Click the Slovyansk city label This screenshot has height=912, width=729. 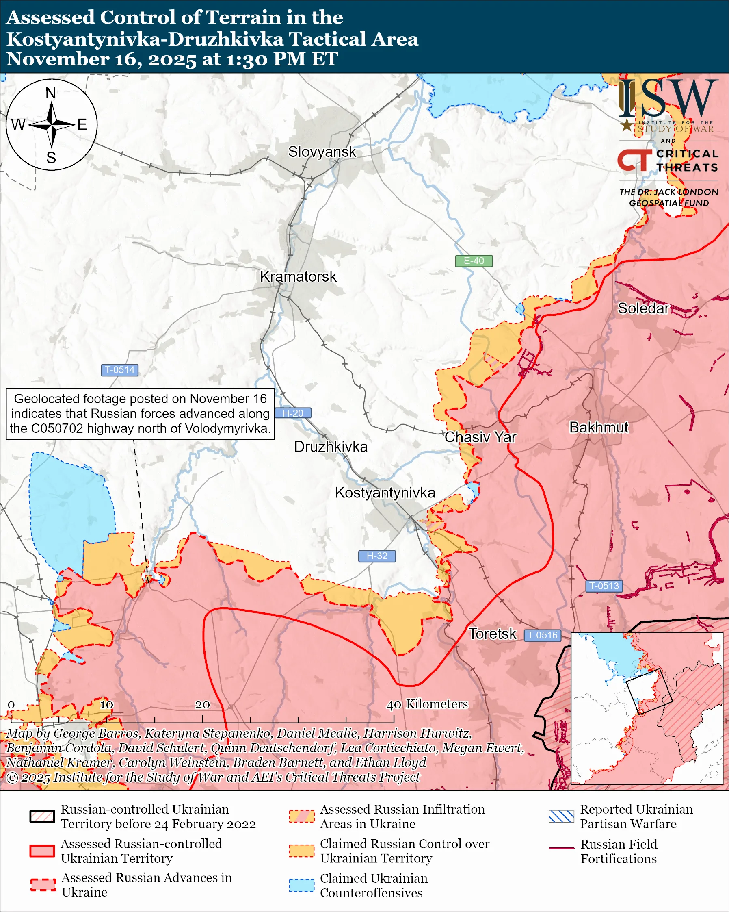[x=322, y=152]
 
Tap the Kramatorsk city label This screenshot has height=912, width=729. [x=298, y=277]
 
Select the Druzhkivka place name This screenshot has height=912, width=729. [x=331, y=447]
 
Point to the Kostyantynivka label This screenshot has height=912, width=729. [x=385, y=493]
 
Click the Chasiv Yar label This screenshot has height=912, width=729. [x=480, y=437]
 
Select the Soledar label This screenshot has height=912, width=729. [x=643, y=308]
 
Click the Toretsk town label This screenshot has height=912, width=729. [x=492, y=634]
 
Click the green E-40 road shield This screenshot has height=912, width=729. [x=474, y=261]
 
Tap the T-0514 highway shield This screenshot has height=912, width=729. [x=119, y=370]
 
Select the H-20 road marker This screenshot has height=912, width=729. [x=293, y=413]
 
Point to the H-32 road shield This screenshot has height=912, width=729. [x=376, y=556]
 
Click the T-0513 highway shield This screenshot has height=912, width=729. [x=604, y=586]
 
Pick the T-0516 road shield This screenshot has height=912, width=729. [x=543, y=635]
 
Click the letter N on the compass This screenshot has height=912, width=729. [x=51, y=93]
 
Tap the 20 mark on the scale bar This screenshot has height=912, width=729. [x=202, y=705]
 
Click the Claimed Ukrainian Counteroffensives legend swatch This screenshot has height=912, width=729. [x=301, y=885]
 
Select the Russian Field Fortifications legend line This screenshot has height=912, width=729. [x=561, y=848]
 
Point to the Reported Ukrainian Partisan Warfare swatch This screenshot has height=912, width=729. [x=561, y=816]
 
